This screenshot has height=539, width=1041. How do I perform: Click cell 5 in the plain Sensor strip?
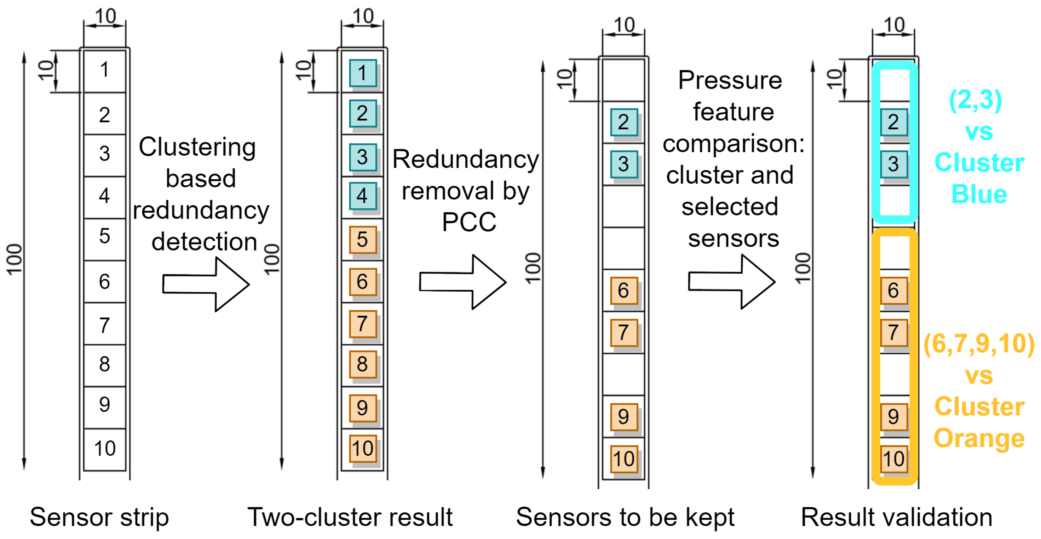pos(104,236)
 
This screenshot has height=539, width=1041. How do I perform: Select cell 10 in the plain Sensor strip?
pos(104,448)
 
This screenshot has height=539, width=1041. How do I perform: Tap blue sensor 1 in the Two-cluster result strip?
pos(362,73)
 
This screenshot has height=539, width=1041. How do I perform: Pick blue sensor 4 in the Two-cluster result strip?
pos(362,196)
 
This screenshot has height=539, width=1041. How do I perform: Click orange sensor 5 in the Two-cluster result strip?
pos(362,240)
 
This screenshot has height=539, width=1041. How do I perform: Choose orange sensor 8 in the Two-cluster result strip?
pos(362,364)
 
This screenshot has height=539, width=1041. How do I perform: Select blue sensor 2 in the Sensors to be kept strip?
pos(623,122)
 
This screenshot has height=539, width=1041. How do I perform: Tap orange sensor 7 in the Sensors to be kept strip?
pos(623,333)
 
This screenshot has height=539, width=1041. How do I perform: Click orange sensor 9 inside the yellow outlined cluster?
pos(893,417)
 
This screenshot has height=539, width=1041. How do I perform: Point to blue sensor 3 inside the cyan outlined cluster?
pos(893,164)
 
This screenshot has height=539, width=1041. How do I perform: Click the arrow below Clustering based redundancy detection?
pos(206,285)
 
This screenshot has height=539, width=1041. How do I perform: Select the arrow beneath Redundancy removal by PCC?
pos(463,282)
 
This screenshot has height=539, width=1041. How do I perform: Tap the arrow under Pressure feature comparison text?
pos(732,282)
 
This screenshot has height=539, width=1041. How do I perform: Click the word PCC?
pos(469,222)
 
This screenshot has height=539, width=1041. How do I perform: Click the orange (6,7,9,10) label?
pos(979,344)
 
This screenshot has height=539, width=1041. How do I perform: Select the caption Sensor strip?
pos(99,517)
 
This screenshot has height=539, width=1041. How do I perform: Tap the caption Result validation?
pos(896,517)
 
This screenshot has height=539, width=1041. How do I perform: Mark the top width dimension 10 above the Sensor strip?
pos(105,16)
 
